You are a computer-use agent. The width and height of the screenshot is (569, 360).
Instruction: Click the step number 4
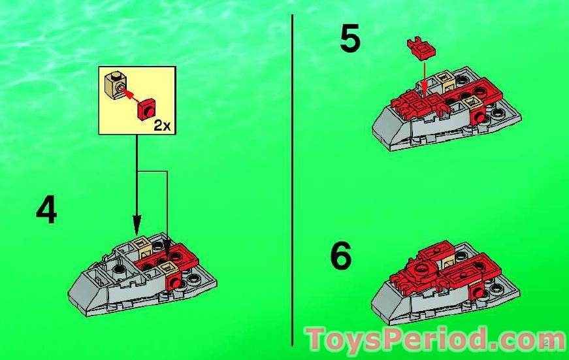tap(46, 210)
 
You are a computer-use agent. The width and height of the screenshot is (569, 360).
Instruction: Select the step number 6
tap(340, 257)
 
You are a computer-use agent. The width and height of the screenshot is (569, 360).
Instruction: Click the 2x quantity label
tap(161, 125)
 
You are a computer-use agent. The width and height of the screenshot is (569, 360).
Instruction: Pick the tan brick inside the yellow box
tap(117, 86)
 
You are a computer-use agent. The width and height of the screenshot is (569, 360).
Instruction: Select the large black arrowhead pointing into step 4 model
tap(137, 226)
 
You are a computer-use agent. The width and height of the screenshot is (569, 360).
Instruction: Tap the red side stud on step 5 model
tap(481, 118)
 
